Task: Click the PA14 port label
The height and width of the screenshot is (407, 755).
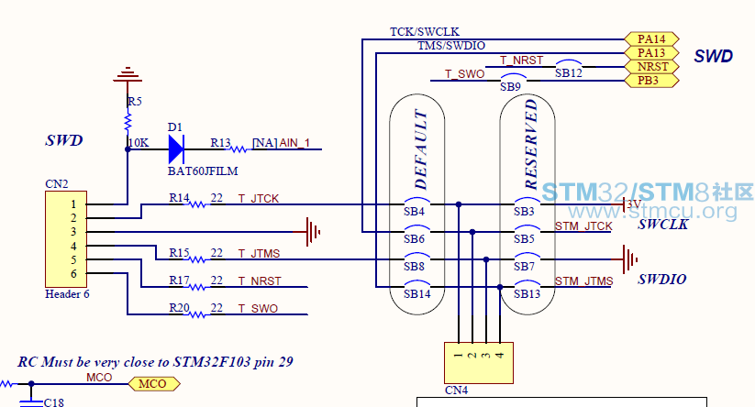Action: tap(651, 39)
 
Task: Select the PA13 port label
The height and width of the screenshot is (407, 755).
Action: tap(651, 53)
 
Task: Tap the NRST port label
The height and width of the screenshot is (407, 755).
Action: tap(651, 66)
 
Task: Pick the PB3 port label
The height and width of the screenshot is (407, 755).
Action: tap(651, 81)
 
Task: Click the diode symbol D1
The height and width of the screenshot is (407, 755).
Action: tap(176, 149)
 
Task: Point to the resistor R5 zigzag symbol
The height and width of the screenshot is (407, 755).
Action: tap(128, 122)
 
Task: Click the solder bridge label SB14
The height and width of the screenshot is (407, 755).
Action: tap(417, 294)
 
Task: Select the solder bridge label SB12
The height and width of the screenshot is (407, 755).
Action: tap(569, 73)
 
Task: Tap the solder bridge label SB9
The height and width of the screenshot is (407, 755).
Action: tap(510, 86)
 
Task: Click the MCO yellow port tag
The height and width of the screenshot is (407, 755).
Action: tap(154, 384)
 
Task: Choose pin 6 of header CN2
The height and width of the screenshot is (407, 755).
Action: tap(73, 274)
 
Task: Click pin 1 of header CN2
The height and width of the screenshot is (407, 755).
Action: tap(73, 204)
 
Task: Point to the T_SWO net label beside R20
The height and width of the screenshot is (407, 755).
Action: tap(258, 308)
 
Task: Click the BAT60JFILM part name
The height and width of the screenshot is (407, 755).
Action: tap(203, 171)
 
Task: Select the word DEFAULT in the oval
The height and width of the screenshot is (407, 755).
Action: tap(420, 150)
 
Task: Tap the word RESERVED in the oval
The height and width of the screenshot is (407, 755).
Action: tap(530, 144)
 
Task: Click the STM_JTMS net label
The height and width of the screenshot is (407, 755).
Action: tap(584, 280)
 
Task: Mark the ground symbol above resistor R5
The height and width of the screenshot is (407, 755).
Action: tap(128, 74)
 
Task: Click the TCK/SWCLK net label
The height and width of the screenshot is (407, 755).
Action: tap(425, 32)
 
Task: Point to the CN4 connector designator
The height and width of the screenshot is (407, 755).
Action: tap(457, 390)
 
